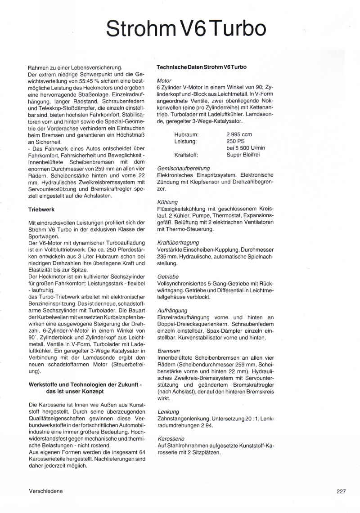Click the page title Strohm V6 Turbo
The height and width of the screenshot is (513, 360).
pyautogui.click(x=186, y=28)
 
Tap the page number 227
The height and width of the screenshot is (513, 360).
pyautogui.click(x=341, y=491)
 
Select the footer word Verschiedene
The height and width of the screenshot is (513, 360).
pyautogui.click(x=45, y=491)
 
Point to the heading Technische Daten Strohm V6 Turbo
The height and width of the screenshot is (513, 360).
pyautogui.click(x=201, y=67)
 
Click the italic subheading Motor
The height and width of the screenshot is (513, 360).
pyautogui.click(x=164, y=80)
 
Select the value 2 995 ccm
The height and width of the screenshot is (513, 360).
pyautogui.click(x=239, y=134)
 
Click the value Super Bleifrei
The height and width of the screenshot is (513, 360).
pyautogui.click(x=243, y=155)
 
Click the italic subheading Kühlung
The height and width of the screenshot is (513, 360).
pyautogui.click(x=167, y=202)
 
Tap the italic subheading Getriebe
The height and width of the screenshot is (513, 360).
pyautogui.click(x=168, y=277)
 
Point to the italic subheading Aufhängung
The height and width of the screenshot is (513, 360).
pyautogui.click(x=172, y=310)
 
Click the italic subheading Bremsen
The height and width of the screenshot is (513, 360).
pyautogui.click(x=169, y=351)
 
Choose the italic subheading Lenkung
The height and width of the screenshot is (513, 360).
pyautogui.click(x=168, y=411)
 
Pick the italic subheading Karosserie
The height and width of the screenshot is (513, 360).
pyautogui.click(x=171, y=438)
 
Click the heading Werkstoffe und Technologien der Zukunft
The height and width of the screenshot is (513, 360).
pyautogui.click(x=85, y=385)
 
